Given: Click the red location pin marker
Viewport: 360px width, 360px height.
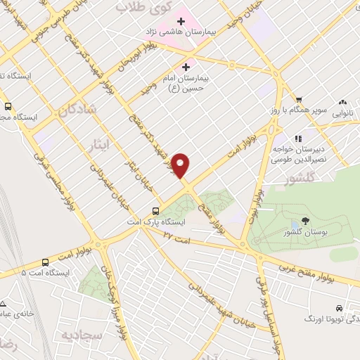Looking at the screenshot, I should pyautogui.click(x=181, y=165).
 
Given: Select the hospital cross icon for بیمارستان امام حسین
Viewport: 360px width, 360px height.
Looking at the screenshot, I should pyautogui.click(x=186, y=67).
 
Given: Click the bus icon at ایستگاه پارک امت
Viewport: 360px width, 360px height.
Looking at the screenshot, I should pyautogui.click(x=155, y=210).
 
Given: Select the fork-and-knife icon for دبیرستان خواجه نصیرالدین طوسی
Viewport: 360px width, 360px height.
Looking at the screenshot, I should pyautogui.click(x=298, y=139).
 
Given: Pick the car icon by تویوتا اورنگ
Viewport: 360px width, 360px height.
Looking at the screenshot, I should pyautogui.click(x=339, y=308).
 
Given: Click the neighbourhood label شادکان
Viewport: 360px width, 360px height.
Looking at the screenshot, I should pyautogui.click(x=75, y=110).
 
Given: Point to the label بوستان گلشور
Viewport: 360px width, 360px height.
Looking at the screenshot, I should pyautogui.click(x=304, y=232).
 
